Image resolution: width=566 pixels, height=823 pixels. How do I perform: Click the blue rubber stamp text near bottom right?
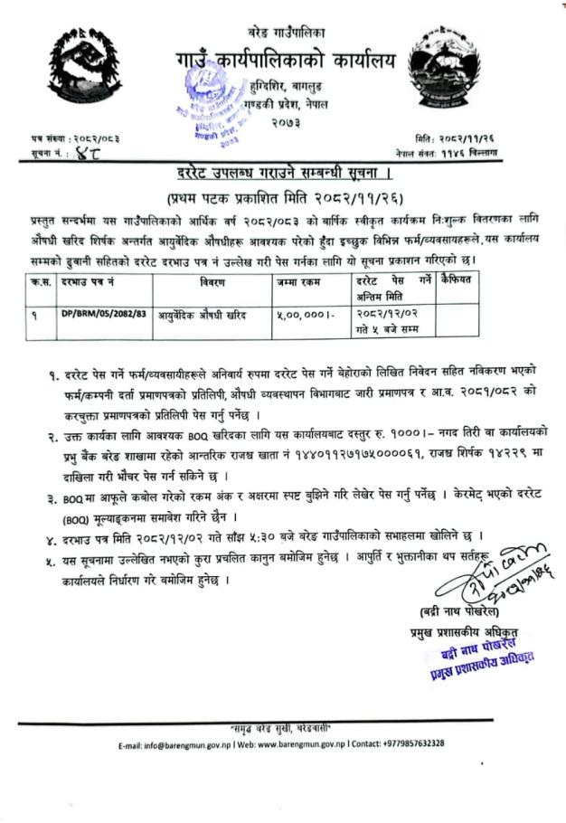click(x=470, y=657)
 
